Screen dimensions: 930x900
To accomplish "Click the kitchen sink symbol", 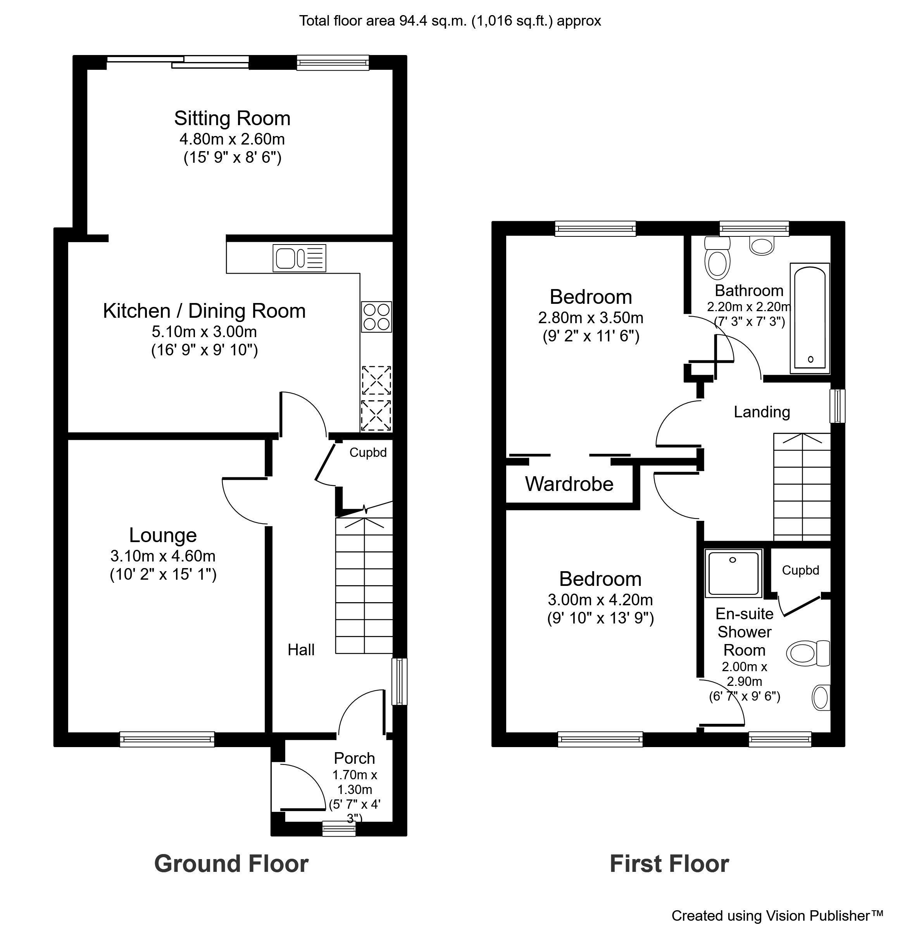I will coord(299,258).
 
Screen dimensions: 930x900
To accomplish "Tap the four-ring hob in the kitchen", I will coord(376,317).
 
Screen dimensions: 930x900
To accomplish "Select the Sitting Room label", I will coord(232,118).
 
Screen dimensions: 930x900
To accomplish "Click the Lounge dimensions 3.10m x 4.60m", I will coord(163,556).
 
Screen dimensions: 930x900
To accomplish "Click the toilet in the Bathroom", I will coord(717,258).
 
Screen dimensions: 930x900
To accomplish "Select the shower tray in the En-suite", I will coord(733,573).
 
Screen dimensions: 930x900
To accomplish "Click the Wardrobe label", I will coord(569,484).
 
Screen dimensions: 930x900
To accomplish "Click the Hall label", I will coord(301,649).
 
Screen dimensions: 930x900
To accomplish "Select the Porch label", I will coord(355,758).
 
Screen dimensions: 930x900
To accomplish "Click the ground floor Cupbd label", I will coord(368,453).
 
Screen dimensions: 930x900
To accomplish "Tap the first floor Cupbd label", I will coord(800,570).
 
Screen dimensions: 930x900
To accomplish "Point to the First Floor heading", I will coord(669,864).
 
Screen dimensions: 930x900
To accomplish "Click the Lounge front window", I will coord(167,739).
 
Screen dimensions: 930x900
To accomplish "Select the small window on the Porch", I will coord(339,828).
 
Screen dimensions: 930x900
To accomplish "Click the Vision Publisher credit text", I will coord(777,915).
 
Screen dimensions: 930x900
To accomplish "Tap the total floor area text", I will coord(450,21).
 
